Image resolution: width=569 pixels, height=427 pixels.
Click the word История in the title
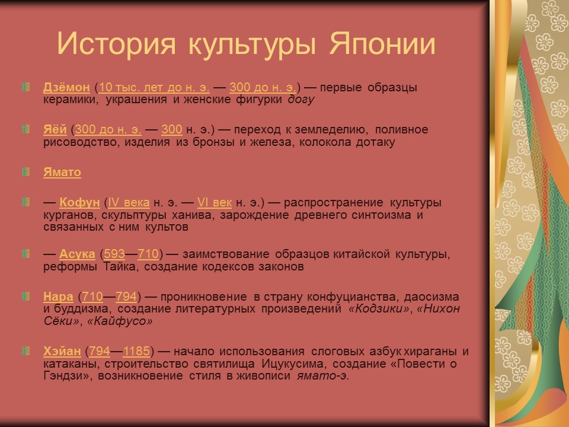click(118, 45)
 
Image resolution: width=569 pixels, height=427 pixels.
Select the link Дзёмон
click(66, 88)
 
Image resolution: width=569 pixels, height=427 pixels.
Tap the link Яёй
click(55, 130)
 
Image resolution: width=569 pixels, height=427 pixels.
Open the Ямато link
click(62, 173)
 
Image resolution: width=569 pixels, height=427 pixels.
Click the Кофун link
click(79, 203)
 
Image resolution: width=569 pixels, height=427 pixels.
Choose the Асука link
click(77, 254)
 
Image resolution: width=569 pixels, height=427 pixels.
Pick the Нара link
click(58, 297)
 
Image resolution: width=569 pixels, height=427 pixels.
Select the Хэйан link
click(62, 351)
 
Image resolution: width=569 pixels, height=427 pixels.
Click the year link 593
click(114, 254)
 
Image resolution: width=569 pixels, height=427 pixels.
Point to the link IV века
click(129, 203)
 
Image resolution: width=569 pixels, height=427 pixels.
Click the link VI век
click(214, 203)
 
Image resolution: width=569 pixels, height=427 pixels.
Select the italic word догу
click(301, 100)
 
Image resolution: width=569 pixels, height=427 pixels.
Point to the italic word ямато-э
click(322, 376)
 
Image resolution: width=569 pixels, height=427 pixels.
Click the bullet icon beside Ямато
click(25, 173)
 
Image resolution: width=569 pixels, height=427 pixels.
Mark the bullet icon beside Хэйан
click(25, 351)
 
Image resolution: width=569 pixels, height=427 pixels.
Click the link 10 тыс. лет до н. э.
click(155, 88)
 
